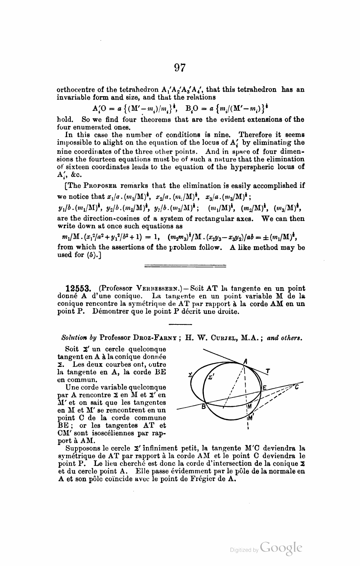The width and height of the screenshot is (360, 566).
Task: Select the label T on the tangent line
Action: click(268, 371)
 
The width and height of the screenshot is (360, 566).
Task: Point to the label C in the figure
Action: click(296, 387)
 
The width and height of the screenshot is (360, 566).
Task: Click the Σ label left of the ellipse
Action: click(191, 375)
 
